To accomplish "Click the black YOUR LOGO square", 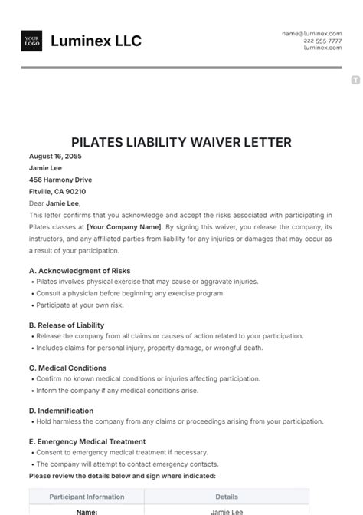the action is coord(32,41).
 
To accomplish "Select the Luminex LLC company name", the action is coord(96,41).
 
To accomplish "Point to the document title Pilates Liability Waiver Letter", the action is coord(181,143).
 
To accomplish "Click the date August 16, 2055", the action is coord(55,156).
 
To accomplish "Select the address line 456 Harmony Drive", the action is coord(60,180).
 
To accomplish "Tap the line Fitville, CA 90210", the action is coord(57,192).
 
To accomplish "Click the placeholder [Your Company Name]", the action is coord(124,227).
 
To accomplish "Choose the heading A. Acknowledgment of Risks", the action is coord(80,271).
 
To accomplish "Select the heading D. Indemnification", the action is coord(61,411).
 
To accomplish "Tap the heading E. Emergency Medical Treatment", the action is coord(87,442).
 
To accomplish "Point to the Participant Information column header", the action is coord(87,497).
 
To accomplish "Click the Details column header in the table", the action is coord(227,497).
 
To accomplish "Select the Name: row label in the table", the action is coord(87,511).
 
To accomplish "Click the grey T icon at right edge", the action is coord(355,80).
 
